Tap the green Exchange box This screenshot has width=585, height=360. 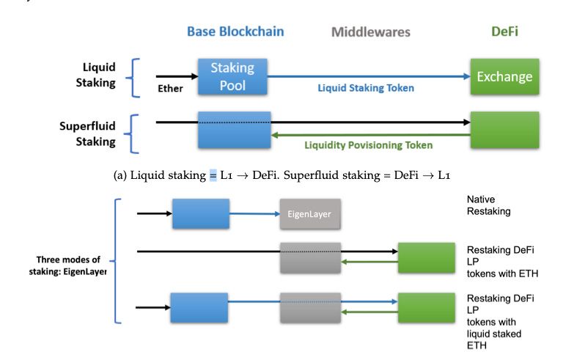coord(504,76)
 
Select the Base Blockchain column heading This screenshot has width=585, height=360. coord(235,32)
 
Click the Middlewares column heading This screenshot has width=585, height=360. coord(370,32)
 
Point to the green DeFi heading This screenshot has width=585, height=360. coord(505,32)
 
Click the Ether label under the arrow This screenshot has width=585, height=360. coord(170,89)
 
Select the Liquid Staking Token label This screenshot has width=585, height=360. coord(365,88)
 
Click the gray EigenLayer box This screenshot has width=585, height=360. coord(309,213)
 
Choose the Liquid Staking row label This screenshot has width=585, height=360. coord(96,75)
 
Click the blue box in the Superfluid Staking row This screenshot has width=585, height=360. coord(234,130)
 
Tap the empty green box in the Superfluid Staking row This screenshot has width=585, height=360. coord(504,130)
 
